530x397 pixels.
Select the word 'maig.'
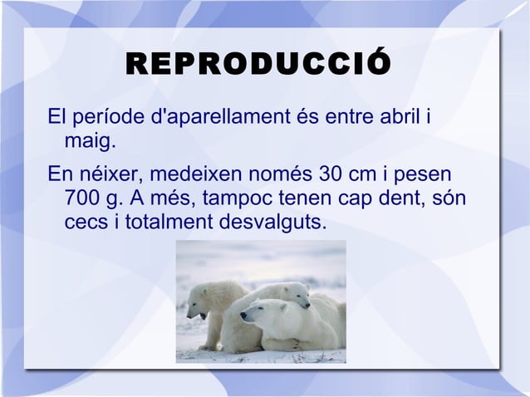(88, 143)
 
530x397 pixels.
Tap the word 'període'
(110, 118)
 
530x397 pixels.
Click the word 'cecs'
(84, 224)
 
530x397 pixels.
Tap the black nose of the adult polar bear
(243, 316)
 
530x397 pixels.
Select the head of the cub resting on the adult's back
(295, 294)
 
